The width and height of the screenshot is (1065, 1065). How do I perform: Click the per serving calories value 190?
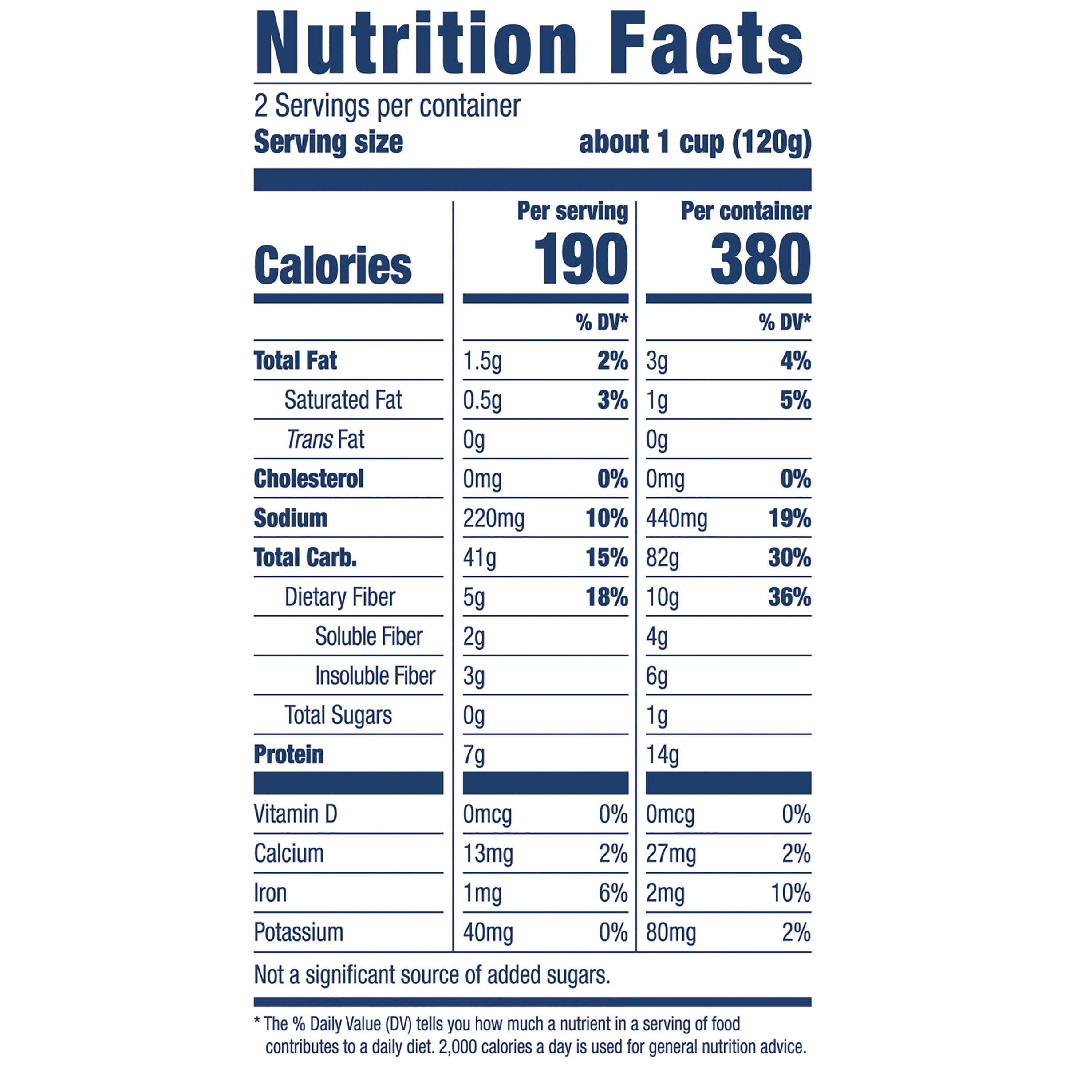point(581,259)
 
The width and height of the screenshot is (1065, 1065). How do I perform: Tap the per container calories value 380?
point(760,259)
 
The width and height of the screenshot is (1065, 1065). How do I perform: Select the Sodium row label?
point(291,518)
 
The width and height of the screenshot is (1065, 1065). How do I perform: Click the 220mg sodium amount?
point(493,519)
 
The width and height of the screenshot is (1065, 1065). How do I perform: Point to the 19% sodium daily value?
point(789,518)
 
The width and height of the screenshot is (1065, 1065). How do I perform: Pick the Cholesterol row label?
point(309,478)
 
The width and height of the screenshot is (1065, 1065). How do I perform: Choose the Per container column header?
point(746,211)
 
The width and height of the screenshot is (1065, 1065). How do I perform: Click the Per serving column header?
point(572,211)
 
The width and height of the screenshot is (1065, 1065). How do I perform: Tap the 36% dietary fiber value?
point(789,597)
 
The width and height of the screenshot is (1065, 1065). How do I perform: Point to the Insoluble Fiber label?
point(375,676)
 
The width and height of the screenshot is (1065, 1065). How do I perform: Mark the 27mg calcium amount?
point(671,854)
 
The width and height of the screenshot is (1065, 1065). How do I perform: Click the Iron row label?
point(270,893)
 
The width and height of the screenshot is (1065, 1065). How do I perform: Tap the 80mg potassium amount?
point(671,933)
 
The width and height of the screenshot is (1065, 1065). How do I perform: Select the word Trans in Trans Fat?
point(310,439)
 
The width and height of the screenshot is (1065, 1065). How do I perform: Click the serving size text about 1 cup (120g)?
point(694,142)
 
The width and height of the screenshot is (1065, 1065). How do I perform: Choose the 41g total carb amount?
point(480,558)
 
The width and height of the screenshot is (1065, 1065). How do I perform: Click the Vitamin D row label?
point(296,814)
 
